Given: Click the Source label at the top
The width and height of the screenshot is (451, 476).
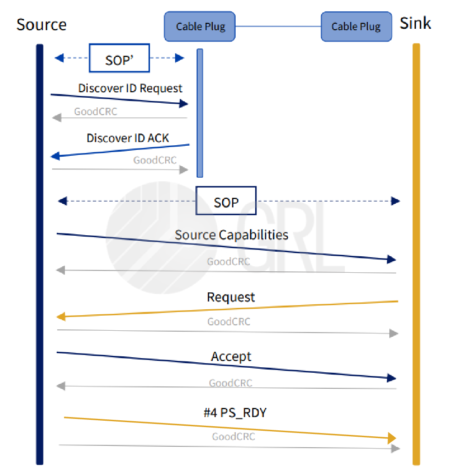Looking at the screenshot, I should coord(41,25).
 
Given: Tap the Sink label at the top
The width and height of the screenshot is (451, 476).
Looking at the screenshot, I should coord(415,23).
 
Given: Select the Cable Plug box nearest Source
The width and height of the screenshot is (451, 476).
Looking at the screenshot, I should coord(200,26).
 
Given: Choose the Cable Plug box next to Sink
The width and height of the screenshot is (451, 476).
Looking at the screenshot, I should coord(356,26).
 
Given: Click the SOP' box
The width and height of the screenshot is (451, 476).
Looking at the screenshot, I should coord(119,58).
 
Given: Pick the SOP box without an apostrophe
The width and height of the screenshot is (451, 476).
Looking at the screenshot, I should coord(226,201).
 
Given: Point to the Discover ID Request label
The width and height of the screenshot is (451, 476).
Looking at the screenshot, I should coord(130,88).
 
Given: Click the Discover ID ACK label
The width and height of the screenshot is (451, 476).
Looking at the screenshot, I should coord(128,138).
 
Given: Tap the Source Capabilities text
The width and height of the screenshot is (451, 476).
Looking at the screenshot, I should coord(231,235).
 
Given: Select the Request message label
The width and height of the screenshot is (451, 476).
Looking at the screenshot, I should coord(231,297).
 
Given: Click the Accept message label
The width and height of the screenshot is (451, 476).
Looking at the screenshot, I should coord(231,356).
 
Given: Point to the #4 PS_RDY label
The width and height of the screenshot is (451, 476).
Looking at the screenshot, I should coord(235,413).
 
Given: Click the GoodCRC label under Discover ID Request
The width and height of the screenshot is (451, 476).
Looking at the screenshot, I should coord(96,111).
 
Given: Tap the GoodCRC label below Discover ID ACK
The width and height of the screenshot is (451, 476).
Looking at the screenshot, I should coord(155,160).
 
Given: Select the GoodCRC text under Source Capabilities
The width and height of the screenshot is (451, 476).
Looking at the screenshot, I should coord(228,262).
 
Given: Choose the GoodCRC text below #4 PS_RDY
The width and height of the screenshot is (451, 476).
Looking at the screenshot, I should coord(233,437).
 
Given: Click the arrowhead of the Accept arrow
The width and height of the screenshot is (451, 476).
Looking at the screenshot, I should coord(392,378).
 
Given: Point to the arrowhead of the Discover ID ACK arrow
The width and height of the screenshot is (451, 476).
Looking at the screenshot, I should coord(55,156).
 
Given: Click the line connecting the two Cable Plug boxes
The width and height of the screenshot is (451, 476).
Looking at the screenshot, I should coord(278,26).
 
